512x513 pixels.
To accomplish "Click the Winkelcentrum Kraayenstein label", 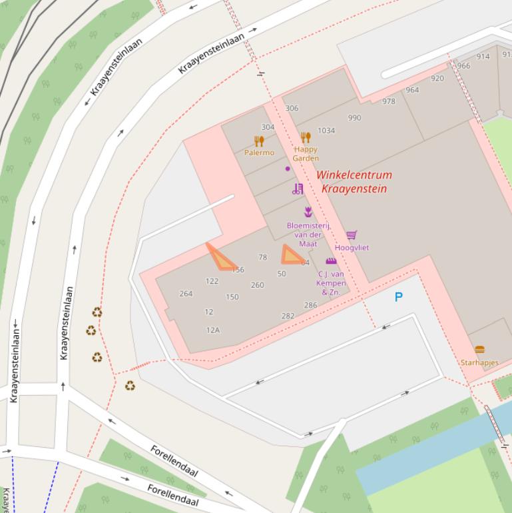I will pyautogui.click(x=354, y=181).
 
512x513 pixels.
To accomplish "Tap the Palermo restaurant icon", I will pyautogui.click(x=259, y=141).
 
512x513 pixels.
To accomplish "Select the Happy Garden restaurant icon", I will pyautogui.click(x=306, y=138).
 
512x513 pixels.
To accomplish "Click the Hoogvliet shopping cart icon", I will pyautogui.click(x=352, y=235).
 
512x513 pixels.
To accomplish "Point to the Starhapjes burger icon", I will pyautogui.click(x=479, y=350).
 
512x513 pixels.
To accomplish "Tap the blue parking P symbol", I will pyautogui.click(x=399, y=297).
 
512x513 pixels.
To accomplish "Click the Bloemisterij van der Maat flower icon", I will pyautogui.click(x=308, y=212).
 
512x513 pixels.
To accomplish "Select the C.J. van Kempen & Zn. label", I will pyautogui.click(x=331, y=282).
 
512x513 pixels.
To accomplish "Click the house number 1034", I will pyautogui.click(x=326, y=131).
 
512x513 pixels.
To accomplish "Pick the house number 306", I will pyautogui.click(x=292, y=108).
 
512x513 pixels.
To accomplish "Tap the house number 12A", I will pyautogui.click(x=212, y=330).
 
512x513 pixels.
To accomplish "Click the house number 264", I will pyautogui.click(x=186, y=293).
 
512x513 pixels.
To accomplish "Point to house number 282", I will pyautogui.click(x=288, y=316).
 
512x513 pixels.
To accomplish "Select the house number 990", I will pyautogui.click(x=354, y=118).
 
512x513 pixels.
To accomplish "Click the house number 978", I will pyautogui.click(x=388, y=101).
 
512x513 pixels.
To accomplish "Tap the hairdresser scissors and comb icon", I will pyautogui.click(x=298, y=189).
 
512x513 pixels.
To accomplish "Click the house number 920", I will pyautogui.click(x=437, y=79).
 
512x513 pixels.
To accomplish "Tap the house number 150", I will pyautogui.click(x=232, y=297).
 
